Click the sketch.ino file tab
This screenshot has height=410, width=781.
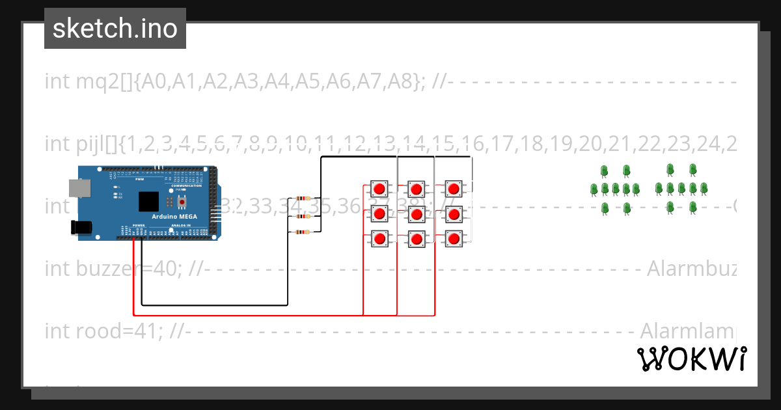[115, 29]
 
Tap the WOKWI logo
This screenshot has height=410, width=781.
[691, 359]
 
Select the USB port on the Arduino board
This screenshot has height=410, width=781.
[81, 189]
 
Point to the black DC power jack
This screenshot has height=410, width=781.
[81, 227]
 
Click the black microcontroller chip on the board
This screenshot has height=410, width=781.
[149, 201]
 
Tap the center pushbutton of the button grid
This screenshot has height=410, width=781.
[417, 214]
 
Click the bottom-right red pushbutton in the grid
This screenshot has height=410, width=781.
[454, 239]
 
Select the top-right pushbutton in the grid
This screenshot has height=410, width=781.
[454, 189]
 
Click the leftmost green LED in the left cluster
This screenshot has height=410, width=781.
[594, 189]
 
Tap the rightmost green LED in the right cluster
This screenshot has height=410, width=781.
[704, 189]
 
